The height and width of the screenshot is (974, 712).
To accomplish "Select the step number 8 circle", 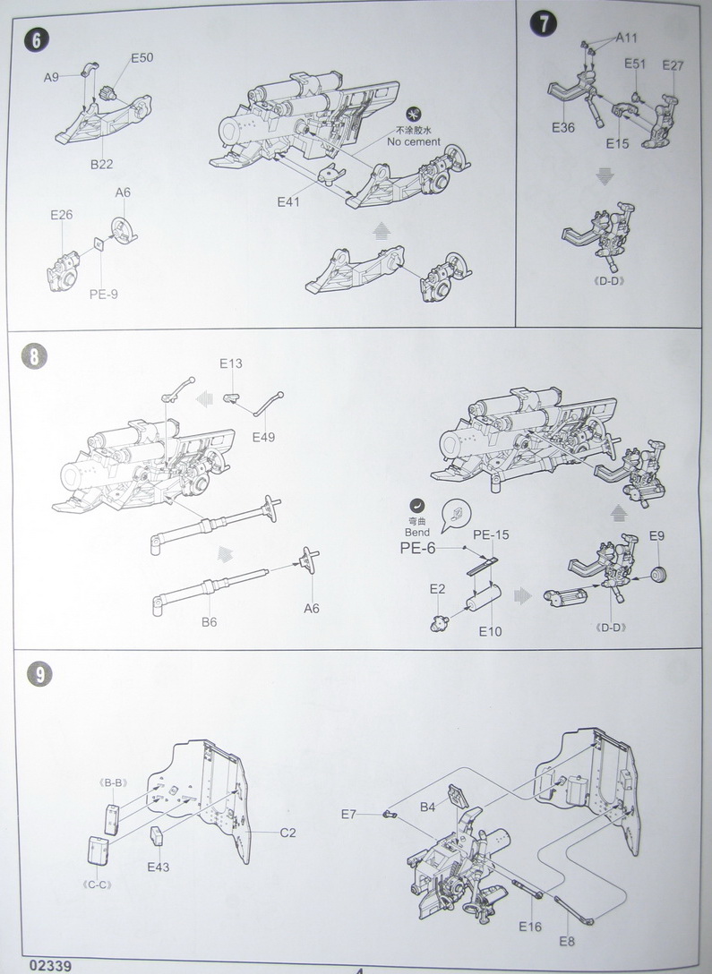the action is (34, 356).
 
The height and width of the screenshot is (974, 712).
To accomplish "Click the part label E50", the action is (142, 58).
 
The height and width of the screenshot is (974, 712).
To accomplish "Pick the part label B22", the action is (100, 165).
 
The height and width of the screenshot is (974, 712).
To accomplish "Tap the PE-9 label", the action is (103, 293).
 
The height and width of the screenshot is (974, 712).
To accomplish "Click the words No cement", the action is (413, 141).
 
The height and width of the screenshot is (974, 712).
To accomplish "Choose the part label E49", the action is (264, 437).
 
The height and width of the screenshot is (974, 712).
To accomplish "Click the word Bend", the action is (417, 533).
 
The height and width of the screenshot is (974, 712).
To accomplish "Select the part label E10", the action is (490, 631).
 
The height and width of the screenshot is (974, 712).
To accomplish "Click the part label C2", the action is (287, 833).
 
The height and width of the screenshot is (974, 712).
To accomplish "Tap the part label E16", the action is (530, 926).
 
